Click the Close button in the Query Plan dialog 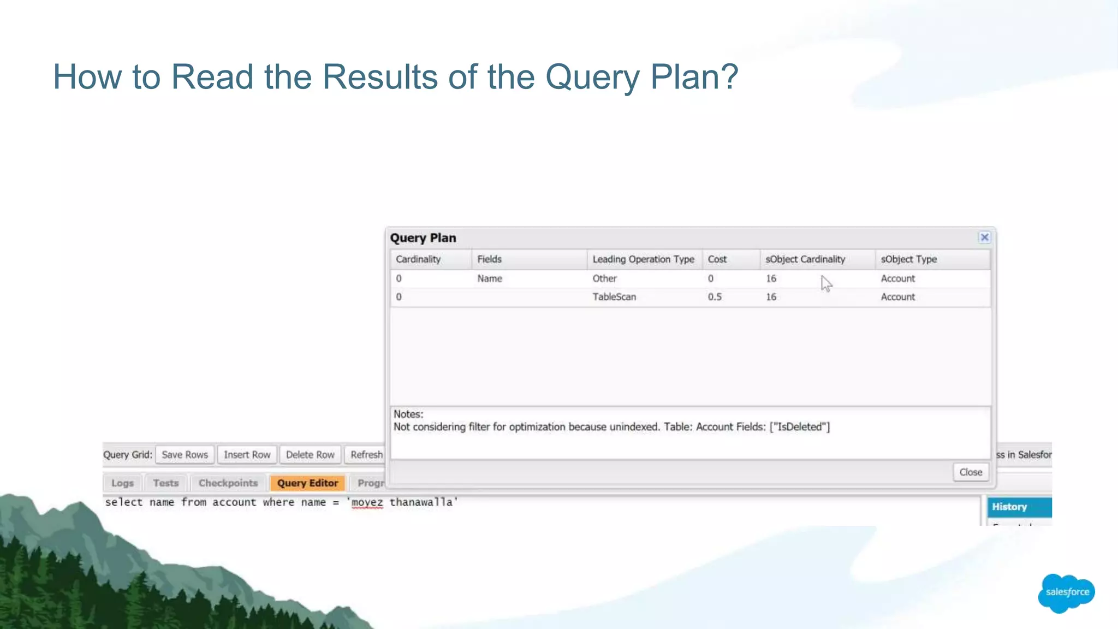[971, 472]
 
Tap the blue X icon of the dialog [984, 238]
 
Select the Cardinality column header [418, 259]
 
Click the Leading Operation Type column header [643, 259]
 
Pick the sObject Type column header [908, 259]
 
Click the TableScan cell [614, 297]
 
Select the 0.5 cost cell [715, 297]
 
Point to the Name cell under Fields [489, 278]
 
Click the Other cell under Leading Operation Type [604, 278]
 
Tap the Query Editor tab [307, 483]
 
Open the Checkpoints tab [228, 483]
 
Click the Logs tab [122, 483]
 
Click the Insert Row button [247, 455]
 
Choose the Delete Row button [310, 455]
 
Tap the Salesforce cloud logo [1067, 592]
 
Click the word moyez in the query [367, 502]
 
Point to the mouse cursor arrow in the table [826, 283]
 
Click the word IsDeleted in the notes [799, 427]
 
